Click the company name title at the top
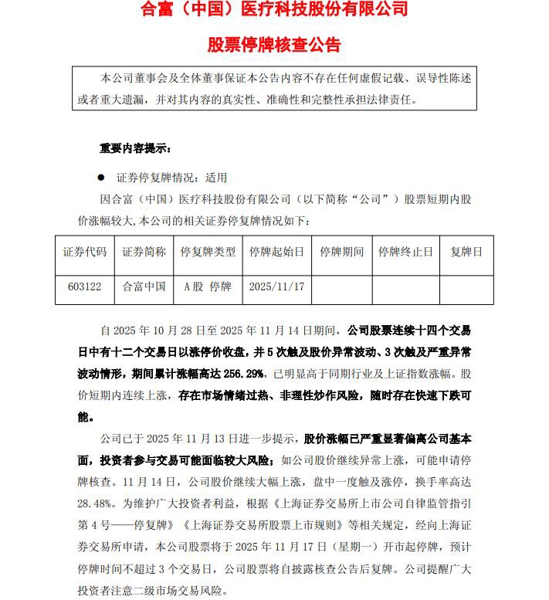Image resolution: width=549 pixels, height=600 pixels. pos(274,12)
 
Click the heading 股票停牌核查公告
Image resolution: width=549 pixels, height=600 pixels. pos(274,44)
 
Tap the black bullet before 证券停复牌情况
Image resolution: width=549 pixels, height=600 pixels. pos(100,178)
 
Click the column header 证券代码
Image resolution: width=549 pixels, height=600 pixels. pos(85,253)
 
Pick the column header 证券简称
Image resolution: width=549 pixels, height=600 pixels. pos(144,253)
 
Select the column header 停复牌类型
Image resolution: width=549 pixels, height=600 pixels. pos(208,253)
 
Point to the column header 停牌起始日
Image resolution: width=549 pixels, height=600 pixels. pos(276,253)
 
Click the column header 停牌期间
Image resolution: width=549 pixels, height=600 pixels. pos(341,253)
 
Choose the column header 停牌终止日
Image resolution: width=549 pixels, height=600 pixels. pos(406,253)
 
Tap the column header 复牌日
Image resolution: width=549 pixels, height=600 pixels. pos(466,253)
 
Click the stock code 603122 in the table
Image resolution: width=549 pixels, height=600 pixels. pos(85,286)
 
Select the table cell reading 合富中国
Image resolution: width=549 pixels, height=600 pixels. pos(144,286)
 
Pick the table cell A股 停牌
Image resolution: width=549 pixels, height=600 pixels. pos(208,286)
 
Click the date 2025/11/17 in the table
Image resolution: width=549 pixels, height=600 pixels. pos(276,286)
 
